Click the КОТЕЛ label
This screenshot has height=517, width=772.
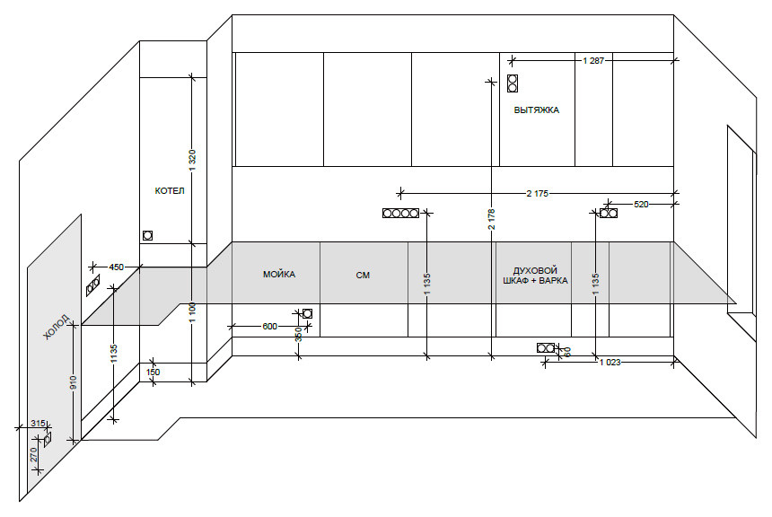point(170,190)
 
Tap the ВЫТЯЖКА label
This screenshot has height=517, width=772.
point(537,110)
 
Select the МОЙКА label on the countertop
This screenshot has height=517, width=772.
point(279,275)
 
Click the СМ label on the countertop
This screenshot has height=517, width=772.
point(363,276)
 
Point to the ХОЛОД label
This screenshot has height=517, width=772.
point(57,327)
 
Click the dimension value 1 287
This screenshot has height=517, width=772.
point(593,60)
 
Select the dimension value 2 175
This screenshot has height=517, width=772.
point(537,194)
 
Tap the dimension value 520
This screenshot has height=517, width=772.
point(641,204)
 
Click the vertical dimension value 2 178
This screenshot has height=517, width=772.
point(491,220)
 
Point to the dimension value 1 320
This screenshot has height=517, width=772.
point(192,160)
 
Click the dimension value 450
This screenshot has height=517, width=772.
point(116,267)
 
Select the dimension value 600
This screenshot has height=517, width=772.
point(270,326)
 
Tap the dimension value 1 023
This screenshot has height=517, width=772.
point(610,362)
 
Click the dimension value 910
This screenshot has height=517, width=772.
point(73,382)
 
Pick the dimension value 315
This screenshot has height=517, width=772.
point(38,423)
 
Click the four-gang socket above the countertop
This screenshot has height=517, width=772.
point(400,214)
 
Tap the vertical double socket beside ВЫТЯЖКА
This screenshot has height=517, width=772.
point(513,83)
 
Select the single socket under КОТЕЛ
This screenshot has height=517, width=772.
point(147,235)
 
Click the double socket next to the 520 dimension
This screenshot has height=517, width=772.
point(609,214)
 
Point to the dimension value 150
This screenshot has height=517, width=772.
point(154,372)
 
